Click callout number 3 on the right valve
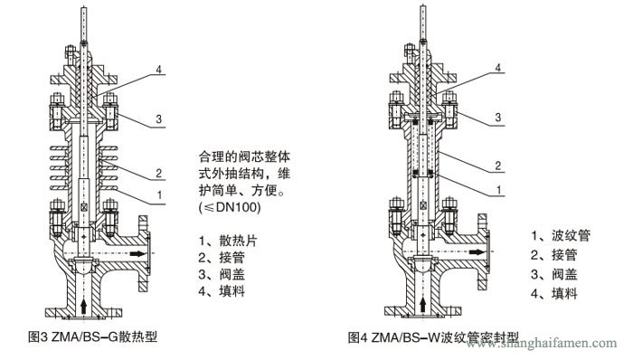click(497, 118)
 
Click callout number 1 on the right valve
click(497, 190)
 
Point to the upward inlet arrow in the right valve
click(424, 306)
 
